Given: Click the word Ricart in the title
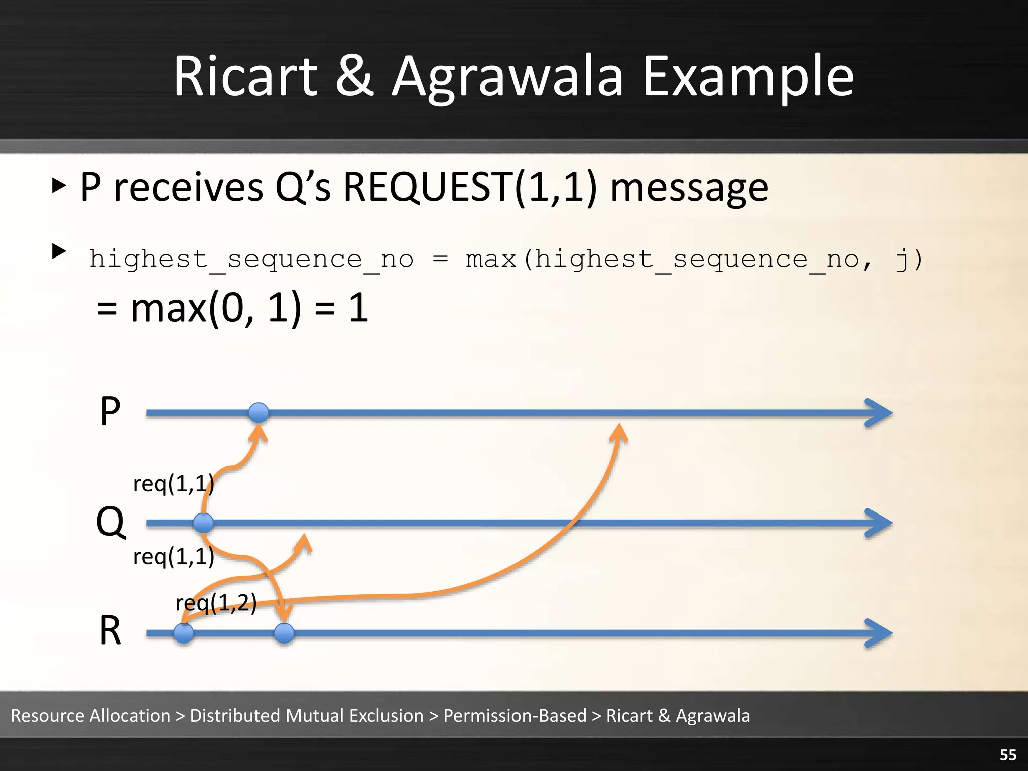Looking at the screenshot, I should [245, 77].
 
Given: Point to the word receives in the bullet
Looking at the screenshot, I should [188, 187].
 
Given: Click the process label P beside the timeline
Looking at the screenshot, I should [110, 411].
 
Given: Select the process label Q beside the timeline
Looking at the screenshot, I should [111, 522].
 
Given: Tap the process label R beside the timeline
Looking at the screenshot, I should [110, 630].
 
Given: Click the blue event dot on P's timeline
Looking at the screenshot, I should [259, 413].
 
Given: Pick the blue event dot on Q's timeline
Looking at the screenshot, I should [203, 523].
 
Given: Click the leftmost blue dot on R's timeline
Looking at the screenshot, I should [184, 633].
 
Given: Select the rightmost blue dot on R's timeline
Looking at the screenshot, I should [284, 633].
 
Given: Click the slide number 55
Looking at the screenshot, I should [1008, 755].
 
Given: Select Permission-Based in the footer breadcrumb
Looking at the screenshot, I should [515, 715].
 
